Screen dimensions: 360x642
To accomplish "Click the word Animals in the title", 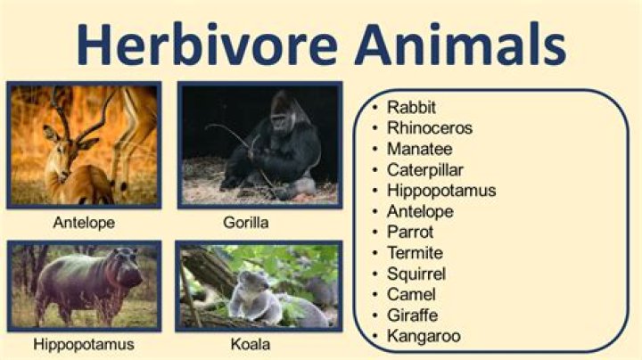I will click(x=458, y=44).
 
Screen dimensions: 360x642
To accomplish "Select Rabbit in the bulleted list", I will click(x=411, y=107).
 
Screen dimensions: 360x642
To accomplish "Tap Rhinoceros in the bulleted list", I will click(x=430, y=127).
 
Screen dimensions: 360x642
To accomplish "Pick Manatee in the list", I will click(x=419, y=149).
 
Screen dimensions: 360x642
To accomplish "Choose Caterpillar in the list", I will click(x=425, y=169).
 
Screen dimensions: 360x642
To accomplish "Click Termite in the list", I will click(x=415, y=253).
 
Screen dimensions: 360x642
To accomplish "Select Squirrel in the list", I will click(x=416, y=274).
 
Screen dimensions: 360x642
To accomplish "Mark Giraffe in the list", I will click(x=412, y=315).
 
